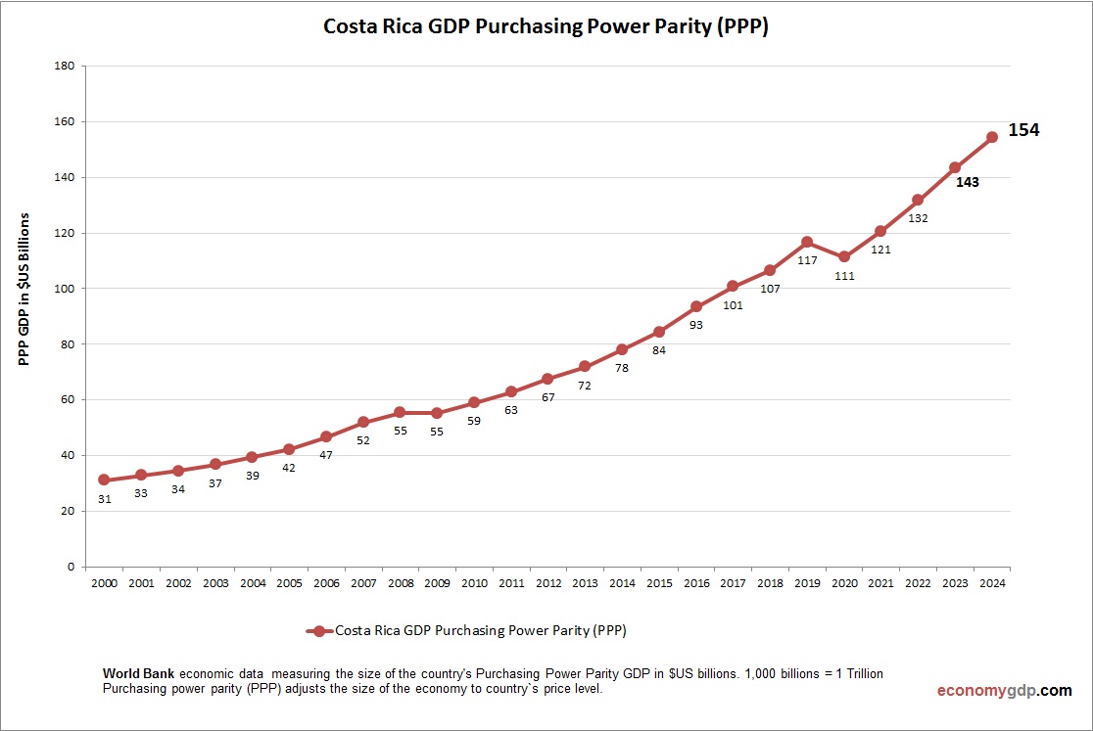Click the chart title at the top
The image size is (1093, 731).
pyautogui.click(x=546, y=27)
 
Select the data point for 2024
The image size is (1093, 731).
pyautogui.click(x=991, y=137)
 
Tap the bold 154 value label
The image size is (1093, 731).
pyautogui.click(x=1023, y=130)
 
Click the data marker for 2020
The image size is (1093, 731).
pyautogui.click(x=843, y=256)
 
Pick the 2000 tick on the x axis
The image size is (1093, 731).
pyautogui.click(x=104, y=583)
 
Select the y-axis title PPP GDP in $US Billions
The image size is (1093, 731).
pyautogui.click(x=25, y=289)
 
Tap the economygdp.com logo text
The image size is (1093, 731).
pyautogui.click(x=1005, y=691)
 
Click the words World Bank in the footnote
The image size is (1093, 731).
pyautogui.click(x=139, y=675)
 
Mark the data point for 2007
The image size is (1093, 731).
pyautogui.click(x=362, y=422)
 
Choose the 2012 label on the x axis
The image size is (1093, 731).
pyautogui.click(x=547, y=583)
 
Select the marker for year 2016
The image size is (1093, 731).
pyautogui.click(x=695, y=306)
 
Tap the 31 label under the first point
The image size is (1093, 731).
pyautogui.click(x=105, y=499)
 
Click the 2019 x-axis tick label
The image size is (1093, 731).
pyautogui.click(x=807, y=583)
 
